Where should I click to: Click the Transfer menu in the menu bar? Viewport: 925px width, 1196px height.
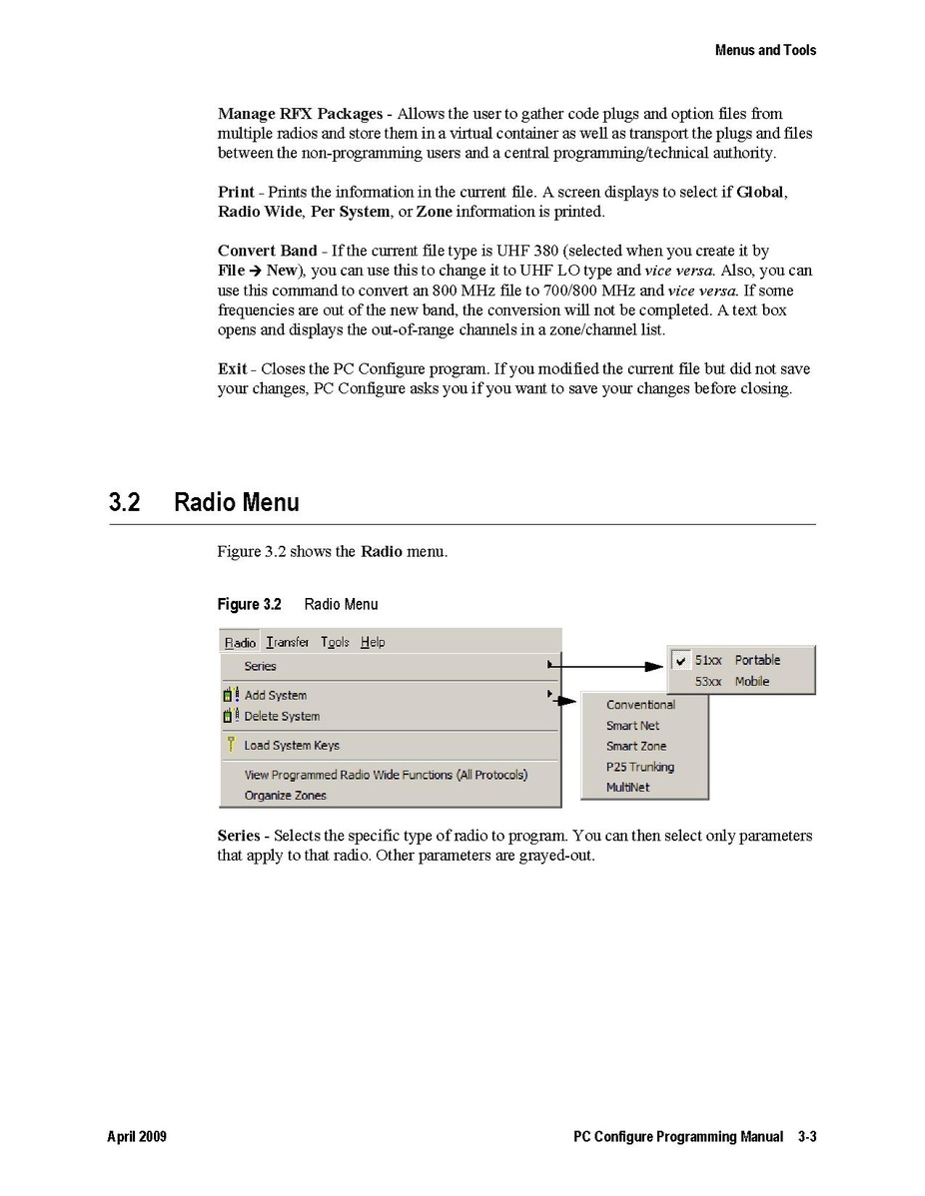[288, 642]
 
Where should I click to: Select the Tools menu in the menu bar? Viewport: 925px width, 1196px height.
[335, 642]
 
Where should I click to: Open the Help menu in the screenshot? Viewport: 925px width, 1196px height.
[373, 642]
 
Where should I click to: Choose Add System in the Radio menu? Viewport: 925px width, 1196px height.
[276, 695]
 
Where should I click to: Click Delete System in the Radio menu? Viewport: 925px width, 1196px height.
[282, 716]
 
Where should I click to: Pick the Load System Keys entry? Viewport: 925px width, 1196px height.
[292, 745]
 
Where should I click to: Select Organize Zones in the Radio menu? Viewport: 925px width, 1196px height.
[285, 796]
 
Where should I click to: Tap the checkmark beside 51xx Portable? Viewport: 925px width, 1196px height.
[681, 661]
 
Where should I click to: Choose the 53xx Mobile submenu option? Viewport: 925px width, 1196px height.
[732, 682]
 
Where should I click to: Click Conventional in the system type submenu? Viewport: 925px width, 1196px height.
[640, 705]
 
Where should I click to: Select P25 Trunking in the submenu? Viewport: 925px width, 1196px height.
[639, 767]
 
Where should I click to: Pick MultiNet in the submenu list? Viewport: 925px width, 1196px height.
[627, 788]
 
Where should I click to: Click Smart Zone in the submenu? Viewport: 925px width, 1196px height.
[635, 746]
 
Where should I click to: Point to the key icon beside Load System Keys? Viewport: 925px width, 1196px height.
[230, 744]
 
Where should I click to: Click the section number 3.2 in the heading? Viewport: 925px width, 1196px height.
[124, 502]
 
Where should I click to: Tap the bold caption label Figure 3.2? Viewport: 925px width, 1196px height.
[250, 604]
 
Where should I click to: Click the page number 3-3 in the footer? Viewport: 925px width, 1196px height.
[807, 1137]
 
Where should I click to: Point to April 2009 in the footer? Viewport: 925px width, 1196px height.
[137, 1137]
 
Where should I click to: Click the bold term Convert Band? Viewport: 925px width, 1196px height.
[267, 251]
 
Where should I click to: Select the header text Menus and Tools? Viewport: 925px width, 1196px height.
[765, 50]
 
